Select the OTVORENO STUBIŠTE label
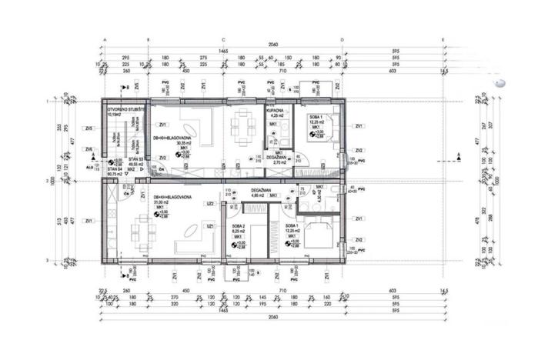click(x=122, y=112)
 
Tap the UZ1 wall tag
click(x=209, y=225)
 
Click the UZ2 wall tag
click(x=209, y=204)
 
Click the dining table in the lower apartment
click(x=140, y=228)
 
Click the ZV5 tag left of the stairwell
click(x=89, y=128)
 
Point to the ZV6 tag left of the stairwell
click(x=89, y=149)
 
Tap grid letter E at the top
click(x=443, y=38)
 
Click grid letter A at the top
click(x=105, y=38)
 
